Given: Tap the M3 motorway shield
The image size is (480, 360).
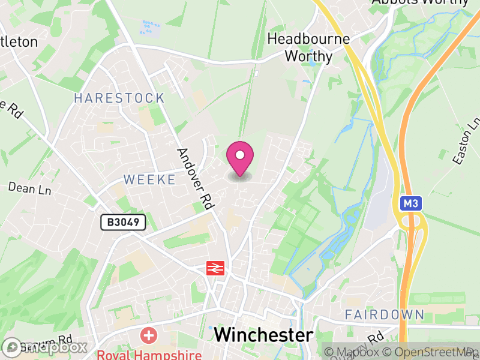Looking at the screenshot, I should click(411, 203).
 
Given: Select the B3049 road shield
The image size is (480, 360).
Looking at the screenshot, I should click(124, 223).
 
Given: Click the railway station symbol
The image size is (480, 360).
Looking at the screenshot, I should click(215, 268).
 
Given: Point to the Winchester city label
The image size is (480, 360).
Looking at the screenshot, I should click(263, 335).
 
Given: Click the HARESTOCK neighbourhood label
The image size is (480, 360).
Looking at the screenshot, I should click(119, 98).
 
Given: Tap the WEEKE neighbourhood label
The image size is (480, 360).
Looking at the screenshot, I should click(150, 179).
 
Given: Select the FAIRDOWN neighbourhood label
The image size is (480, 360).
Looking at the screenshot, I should click(385, 314).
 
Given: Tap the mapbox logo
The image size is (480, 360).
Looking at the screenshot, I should click(44, 347).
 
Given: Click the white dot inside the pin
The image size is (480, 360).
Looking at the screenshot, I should click(240, 155).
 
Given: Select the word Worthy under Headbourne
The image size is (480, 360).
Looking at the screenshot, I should click(308, 56).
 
